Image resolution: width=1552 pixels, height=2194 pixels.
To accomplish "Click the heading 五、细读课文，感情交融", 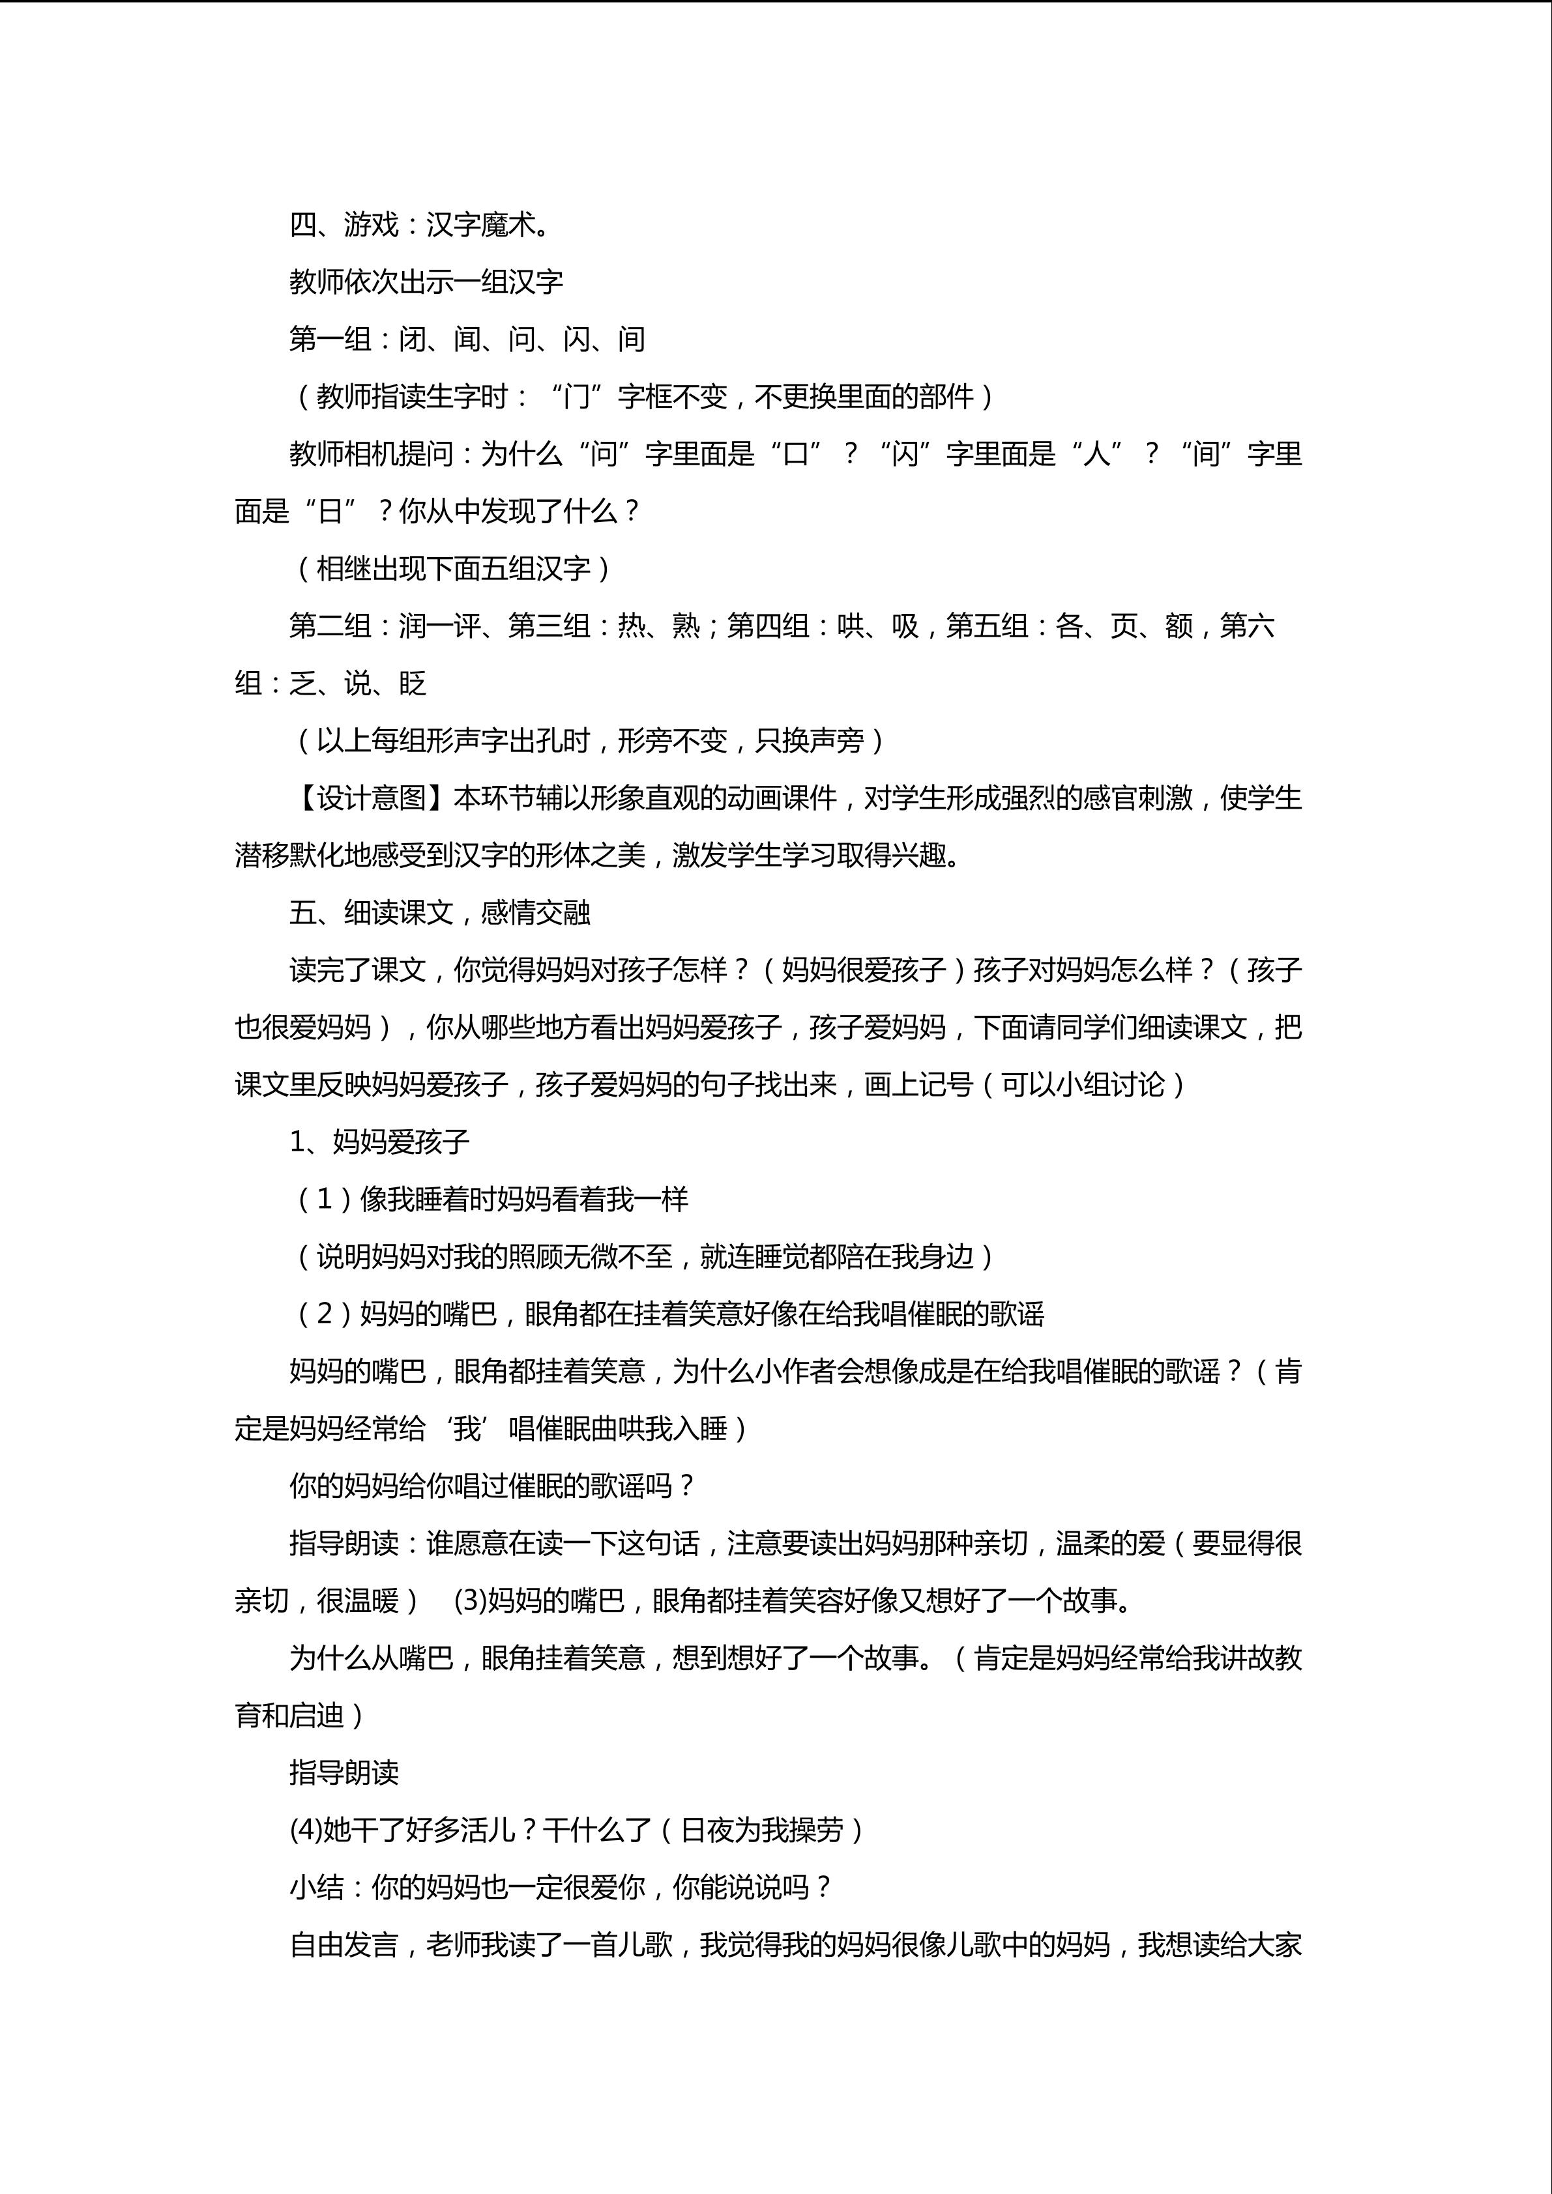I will [x=439, y=912].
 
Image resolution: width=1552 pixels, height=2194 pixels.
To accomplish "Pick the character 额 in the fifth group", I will [x=1179, y=626].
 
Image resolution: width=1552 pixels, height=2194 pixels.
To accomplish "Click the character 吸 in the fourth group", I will [x=905, y=626].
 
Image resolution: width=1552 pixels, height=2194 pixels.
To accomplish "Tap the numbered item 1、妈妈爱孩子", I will [x=379, y=1142].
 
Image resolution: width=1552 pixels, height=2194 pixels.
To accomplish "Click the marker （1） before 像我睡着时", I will [x=324, y=1199].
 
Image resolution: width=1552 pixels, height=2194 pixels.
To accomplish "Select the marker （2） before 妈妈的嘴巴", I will [x=324, y=1314].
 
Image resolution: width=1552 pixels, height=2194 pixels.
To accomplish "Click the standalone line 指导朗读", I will [x=344, y=1772].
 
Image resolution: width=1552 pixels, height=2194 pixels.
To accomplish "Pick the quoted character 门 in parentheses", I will [x=578, y=397].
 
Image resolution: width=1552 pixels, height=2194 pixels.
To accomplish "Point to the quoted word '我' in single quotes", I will [x=467, y=1428].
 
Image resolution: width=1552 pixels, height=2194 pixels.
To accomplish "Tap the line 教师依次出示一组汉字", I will [x=426, y=282].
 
